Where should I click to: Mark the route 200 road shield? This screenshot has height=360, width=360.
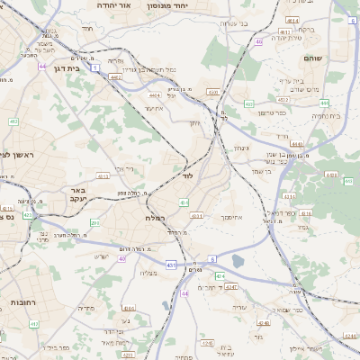94,221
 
